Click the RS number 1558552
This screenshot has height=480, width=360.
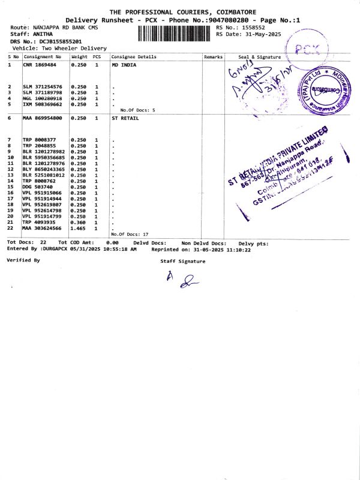(251, 28)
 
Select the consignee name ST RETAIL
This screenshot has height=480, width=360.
(125, 118)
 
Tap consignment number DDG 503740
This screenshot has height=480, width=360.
(38, 187)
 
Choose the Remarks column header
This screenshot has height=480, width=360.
(213, 57)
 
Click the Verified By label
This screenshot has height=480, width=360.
(23, 260)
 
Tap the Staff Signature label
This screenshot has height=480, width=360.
(182, 261)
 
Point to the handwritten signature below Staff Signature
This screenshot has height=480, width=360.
(182, 278)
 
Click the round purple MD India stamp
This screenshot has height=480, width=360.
(327, 89)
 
